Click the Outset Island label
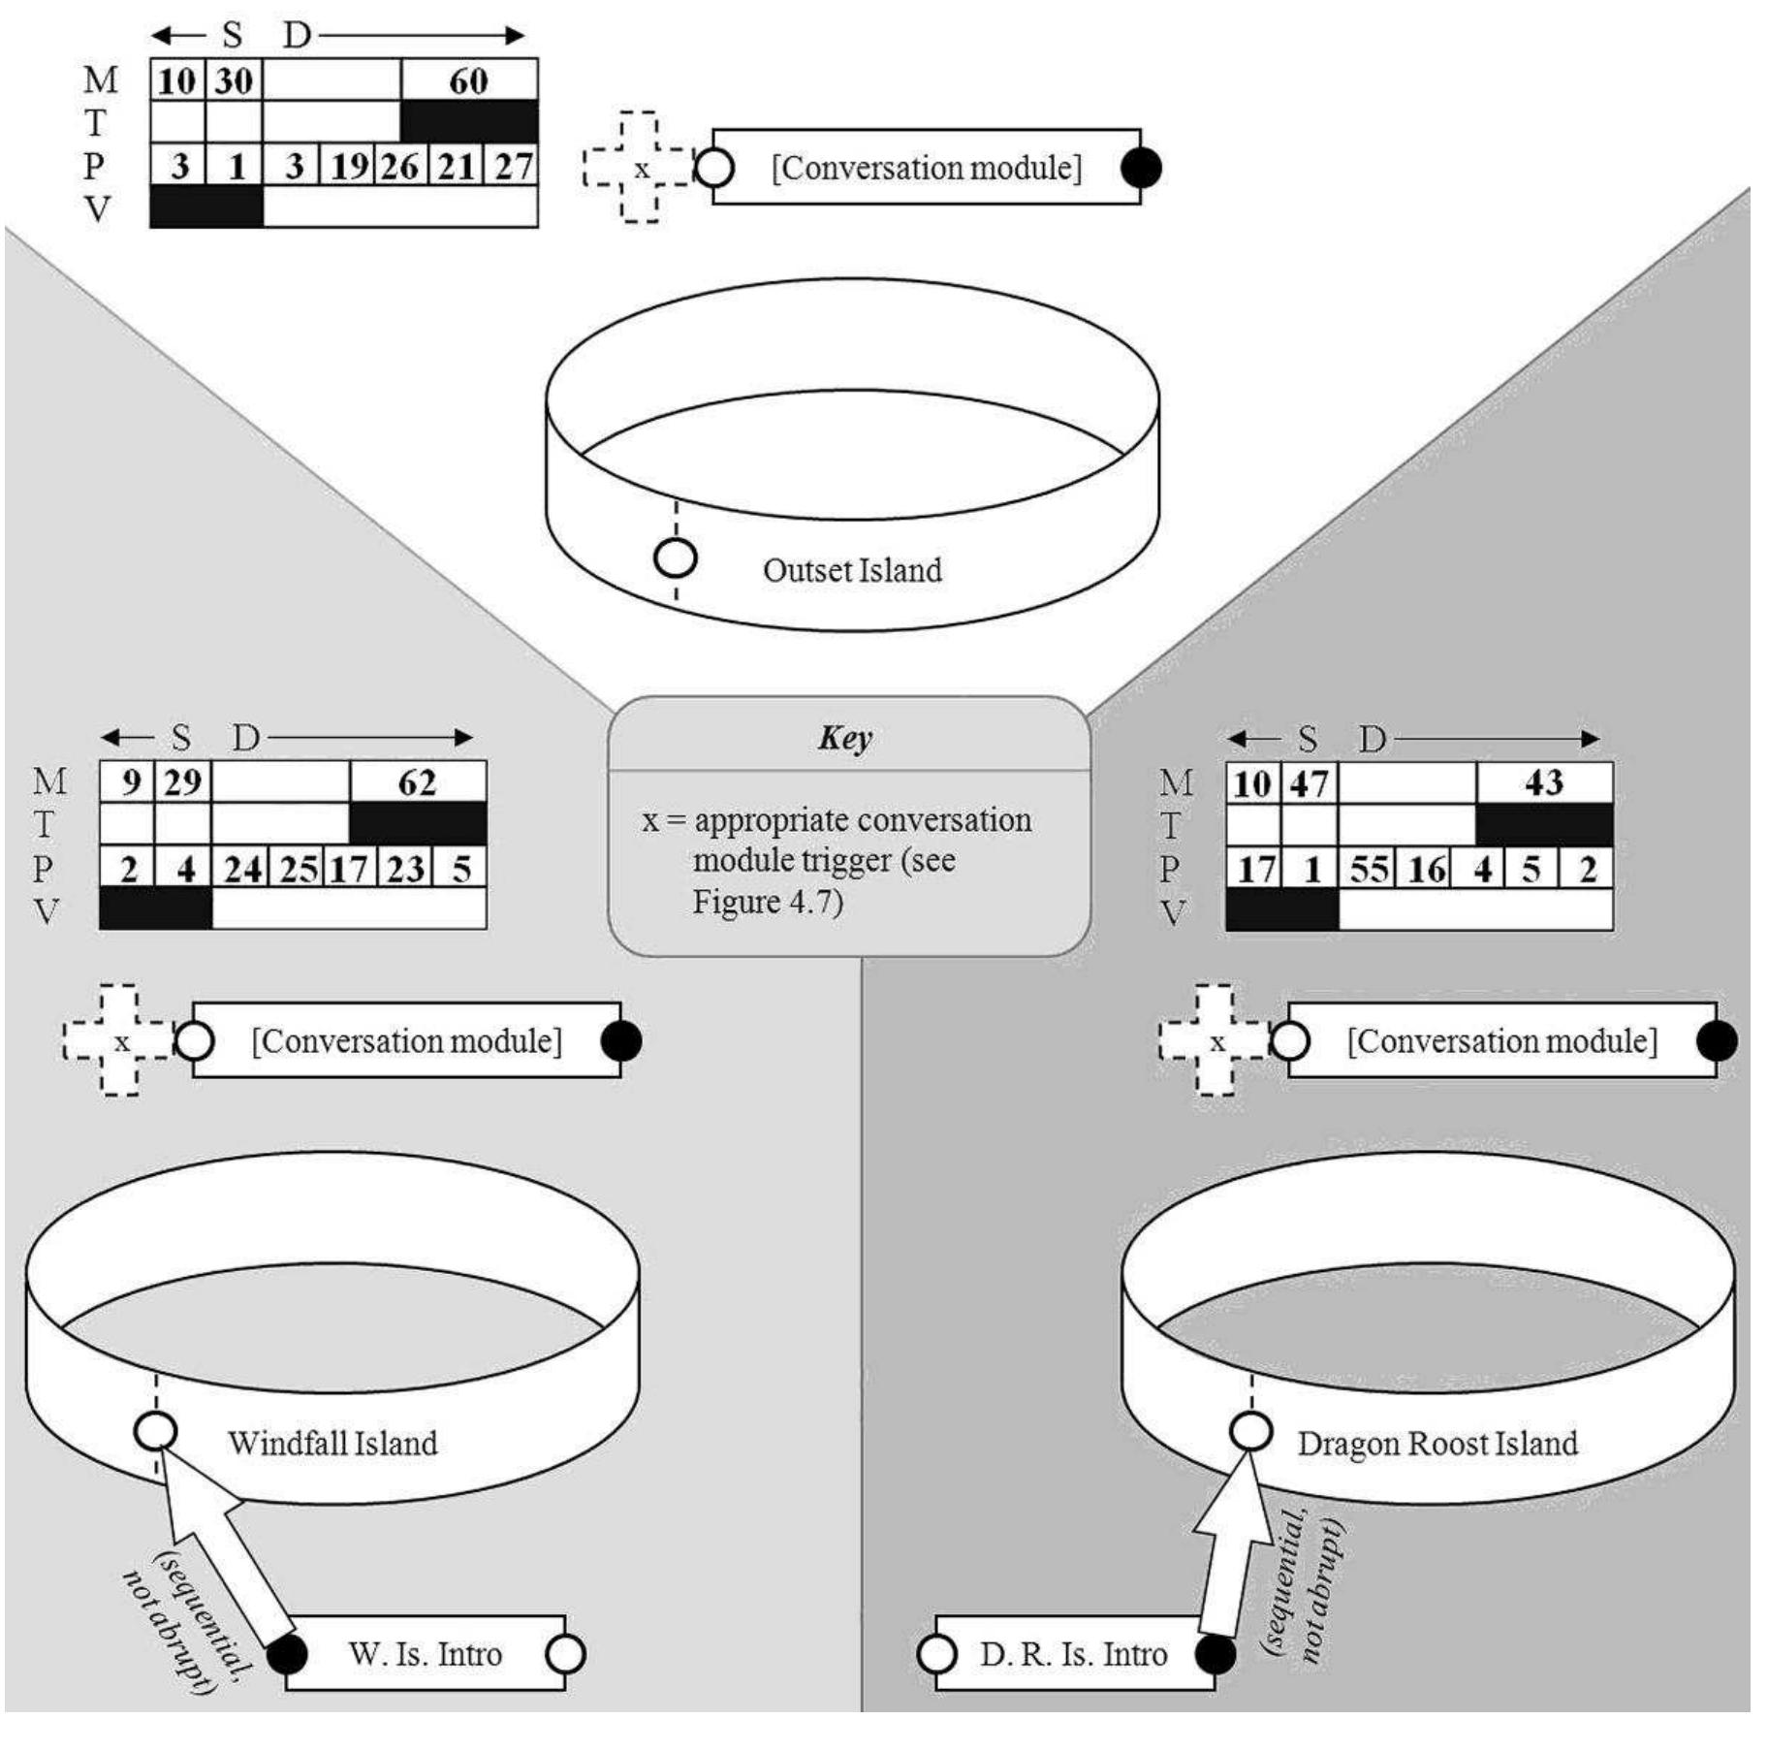(851, 570)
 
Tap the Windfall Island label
(332, 1443)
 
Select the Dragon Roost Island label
(1436, 1443)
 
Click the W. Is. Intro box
(425, 1653)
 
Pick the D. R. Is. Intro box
(1073, 1653)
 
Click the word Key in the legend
(844, 738)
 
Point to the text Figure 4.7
(767, 902)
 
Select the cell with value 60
(469, 80)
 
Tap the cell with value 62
(418, 781)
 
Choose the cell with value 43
(1544, 782)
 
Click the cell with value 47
(1310, 782)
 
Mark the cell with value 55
(1369, 869)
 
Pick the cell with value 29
(182, 781)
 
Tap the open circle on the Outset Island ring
(676, 558)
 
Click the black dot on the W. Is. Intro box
(287, 1653)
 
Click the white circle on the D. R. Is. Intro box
(936, 1653)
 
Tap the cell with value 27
(513, 166)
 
